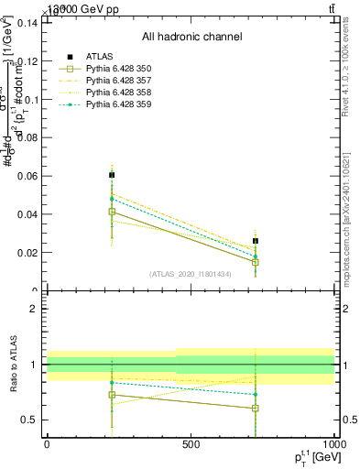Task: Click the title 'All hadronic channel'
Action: (191, 37)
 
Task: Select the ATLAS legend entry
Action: (100, 57)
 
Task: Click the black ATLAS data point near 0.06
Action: (112, 174)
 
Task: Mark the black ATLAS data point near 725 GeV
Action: (256, 241)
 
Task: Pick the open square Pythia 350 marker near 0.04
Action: (112, 212)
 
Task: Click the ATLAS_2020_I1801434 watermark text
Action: (190, 274)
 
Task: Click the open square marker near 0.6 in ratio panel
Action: (256, 409)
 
